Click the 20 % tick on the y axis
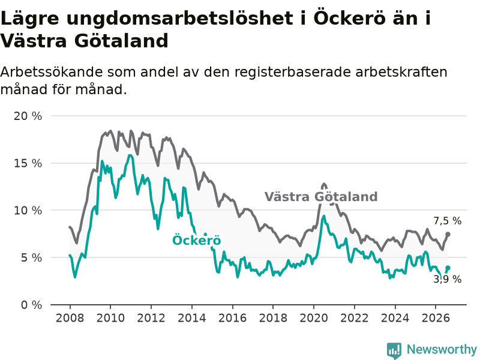pyautogui.click(x=28, y=116)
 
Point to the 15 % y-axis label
pyautogui.click(x=28, y=163)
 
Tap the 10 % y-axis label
pyautogui.click(x=28, y=211)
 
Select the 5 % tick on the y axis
pyautogui.click(x=32, y=257)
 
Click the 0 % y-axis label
pyautogui.click(x=32, y=305)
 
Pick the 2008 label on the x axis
pyautogui.click(x=70, y=318)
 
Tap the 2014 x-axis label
pyautogui.click(x=192, y=318)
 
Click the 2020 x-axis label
pyautogui.click(x=314, y=318)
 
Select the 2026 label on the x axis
pyautogui.click(x=436, y=318)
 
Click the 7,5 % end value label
pyautogui.click(x=447, y=221)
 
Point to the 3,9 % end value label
pyautogui.click(x=447, y=279)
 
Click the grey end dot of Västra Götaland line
pyautogui.click(x=448, y=234)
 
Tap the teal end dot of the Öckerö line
pyautogui.click(x=448, y=268)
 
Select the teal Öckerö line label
pyautogui.click(x=197, y=240)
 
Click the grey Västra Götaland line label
pyautogui.click(x=321, y=197)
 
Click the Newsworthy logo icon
pyautogui.click(x=394, y=350)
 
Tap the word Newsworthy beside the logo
pyautogui.click(x=442, y=349)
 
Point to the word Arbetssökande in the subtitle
pyautogui.click(x=52, y=72)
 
